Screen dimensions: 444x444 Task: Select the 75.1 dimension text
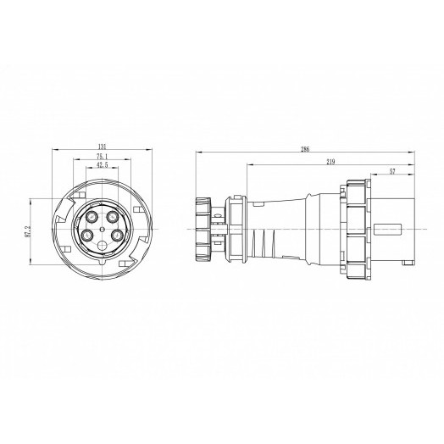101,157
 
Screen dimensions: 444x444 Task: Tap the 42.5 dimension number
101,166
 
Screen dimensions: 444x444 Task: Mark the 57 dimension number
391,171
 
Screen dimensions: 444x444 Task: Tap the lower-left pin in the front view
87,237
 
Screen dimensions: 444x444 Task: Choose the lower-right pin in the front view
116,237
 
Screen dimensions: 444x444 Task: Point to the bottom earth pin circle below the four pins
102,247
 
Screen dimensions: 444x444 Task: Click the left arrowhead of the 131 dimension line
54,151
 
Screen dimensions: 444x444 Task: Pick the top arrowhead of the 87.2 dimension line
34,200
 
